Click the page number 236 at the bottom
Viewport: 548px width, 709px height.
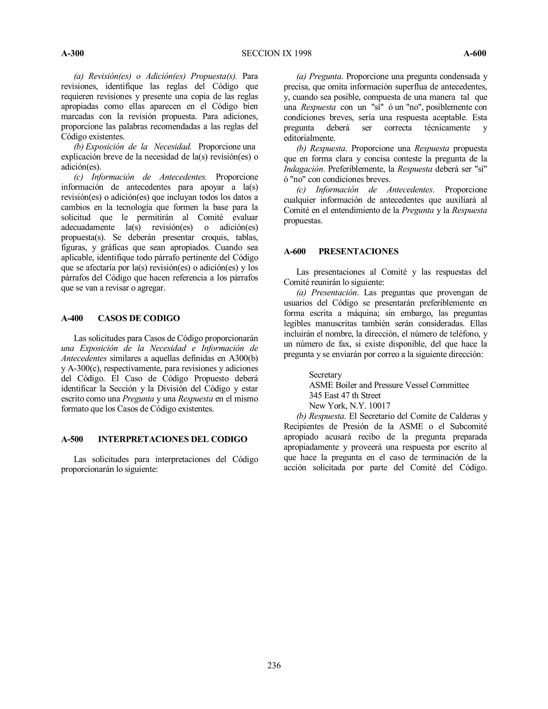pos(274,665)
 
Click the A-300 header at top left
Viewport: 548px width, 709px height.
pos(73,54)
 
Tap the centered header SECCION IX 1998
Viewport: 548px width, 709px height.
pos(276,54)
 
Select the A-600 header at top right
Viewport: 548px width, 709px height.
pos(475,54)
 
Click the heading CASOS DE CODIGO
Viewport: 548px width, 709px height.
pos(139,318)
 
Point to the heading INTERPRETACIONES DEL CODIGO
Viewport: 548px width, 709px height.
pos(172,439)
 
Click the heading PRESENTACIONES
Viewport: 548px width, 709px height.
pos(358,251)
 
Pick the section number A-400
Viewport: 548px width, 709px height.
pos(72,318)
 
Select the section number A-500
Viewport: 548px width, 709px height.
pos(72,439)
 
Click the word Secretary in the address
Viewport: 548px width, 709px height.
pos(325,375)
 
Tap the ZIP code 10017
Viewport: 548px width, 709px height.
pos(379,406)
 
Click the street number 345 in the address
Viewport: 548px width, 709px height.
pos(315,395)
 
